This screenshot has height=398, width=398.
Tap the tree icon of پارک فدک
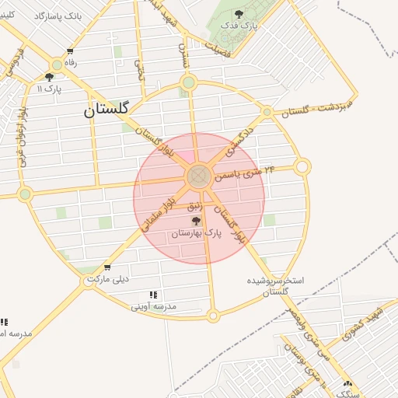pos(238,14)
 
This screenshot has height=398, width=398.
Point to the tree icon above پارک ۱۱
pos(50,76)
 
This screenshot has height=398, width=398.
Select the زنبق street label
pos(195,206)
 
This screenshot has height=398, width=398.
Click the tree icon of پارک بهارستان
pos(196,221)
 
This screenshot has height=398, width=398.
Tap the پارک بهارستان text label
pos(197,233)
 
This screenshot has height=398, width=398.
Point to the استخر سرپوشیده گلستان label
pos(276,285)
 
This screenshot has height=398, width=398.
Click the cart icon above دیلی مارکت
pos(106,267)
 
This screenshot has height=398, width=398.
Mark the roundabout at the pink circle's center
pos(198,176)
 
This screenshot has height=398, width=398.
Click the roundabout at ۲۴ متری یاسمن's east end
pos(302,166)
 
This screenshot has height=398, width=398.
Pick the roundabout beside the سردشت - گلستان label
pos(267,113)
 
